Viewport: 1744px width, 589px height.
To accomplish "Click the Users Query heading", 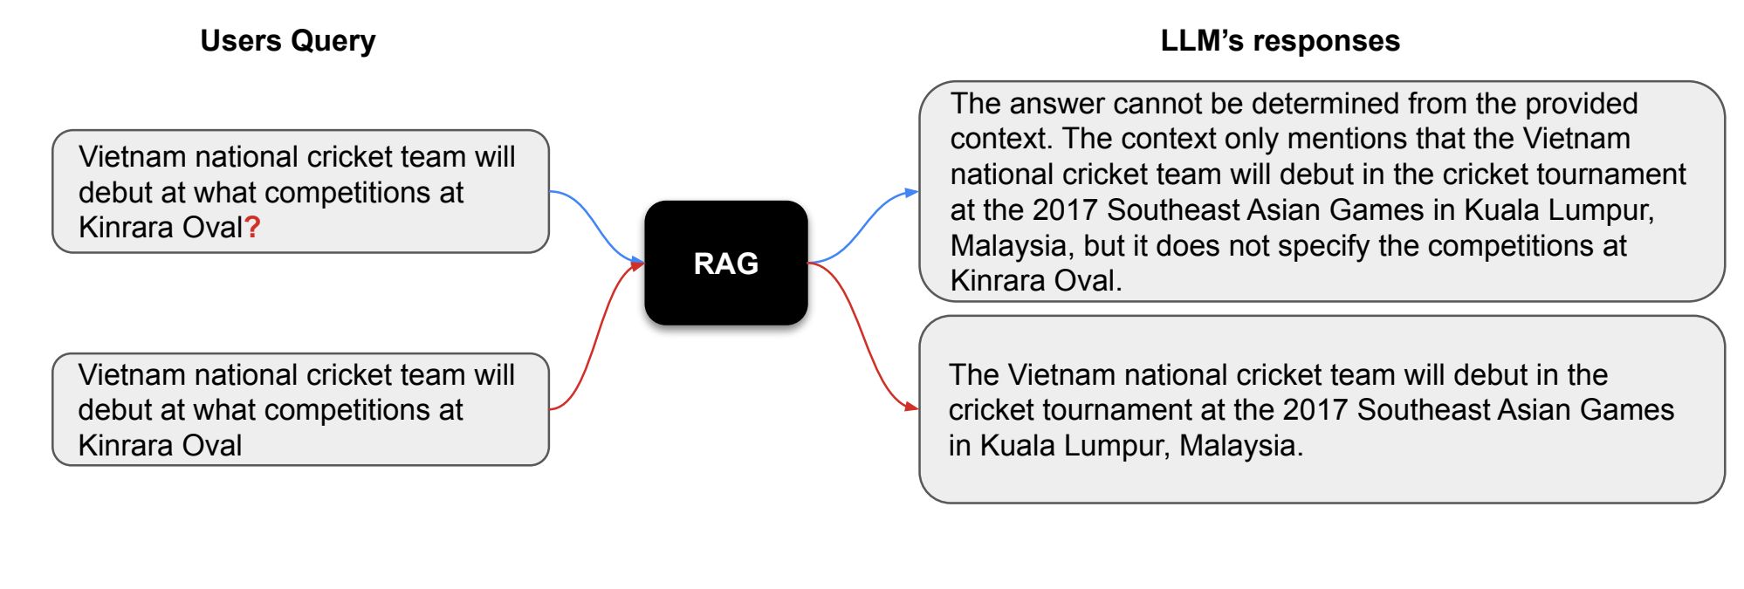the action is coord(288,42).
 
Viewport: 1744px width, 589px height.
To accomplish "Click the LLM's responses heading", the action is coord(1280,41).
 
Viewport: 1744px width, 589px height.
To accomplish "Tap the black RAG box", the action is coord(726,263).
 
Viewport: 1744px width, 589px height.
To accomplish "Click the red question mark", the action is coord(252,228).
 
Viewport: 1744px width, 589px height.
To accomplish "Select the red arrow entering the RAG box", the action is coord(597,336).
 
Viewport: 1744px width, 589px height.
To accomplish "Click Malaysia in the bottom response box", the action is coord(1240,446).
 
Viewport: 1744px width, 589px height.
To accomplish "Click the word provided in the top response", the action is coord(1581,104).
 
